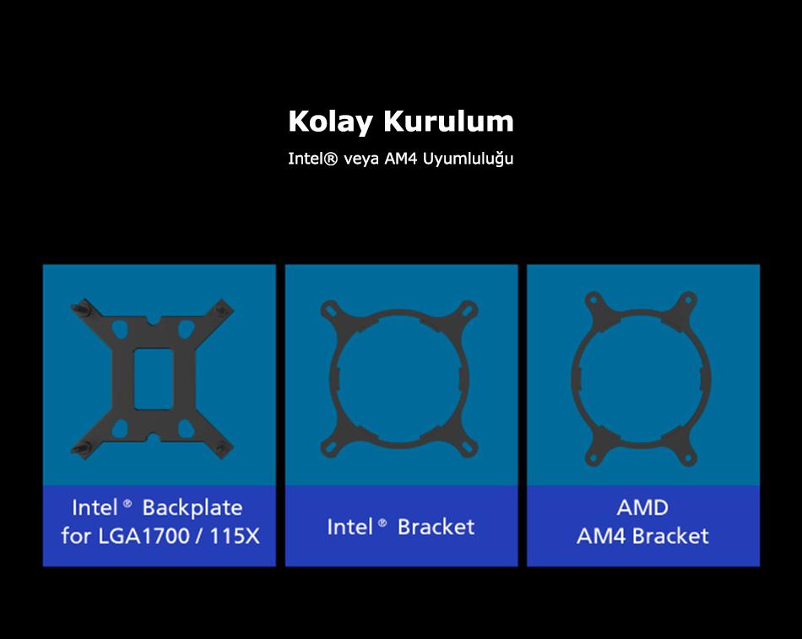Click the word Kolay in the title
(330, 122)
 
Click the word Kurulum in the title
(448, 121)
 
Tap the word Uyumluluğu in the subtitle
(468, 159)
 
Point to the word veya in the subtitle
(361, 160)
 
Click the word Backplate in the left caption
(192, 507)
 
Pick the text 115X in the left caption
(235, 536)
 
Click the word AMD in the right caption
(642, 507)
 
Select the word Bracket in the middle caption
(436, 527)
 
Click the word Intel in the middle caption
(350, 527)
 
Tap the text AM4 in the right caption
(601, 536)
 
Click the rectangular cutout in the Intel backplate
(154, 379)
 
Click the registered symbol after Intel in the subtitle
(330, 159)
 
